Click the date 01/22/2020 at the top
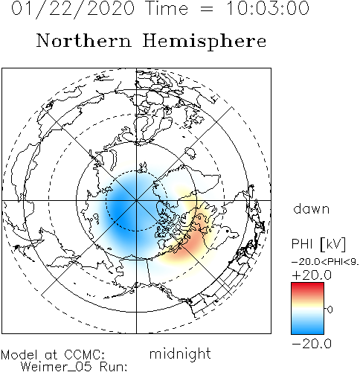click(x=73, y=9)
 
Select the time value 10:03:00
click(x=268, y=8)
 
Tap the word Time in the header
click(x=167, y=8)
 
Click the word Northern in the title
click(x=83, y=40)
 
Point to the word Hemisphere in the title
click(x=205, y=42)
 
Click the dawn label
click(x=312, y=208)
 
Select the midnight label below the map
click(x=180, y=353)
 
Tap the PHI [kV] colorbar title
click(x=318, y=244)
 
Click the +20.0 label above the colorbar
click(x=312, y=275)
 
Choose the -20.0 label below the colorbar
click(x=312, y=344)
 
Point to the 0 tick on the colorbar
click(x=330, y=310)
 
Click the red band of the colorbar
click(x=307, y=289)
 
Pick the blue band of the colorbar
click(x=307, y=327)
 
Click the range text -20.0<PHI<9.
click(x=325, y=262)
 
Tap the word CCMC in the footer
click(x=84, y=355)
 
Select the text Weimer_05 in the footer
click(x=57, y=367)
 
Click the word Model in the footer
click(x=19, y=355)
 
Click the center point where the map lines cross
click(x=136, y=200)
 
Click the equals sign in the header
click(x=207, y=9)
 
